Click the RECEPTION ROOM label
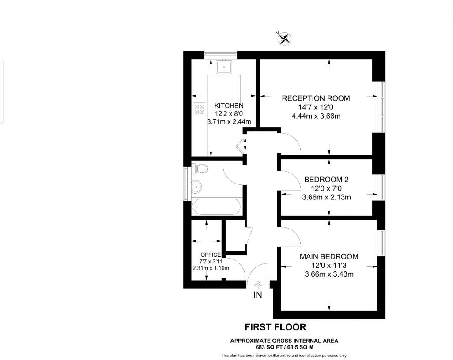click(316, 98)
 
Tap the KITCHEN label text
click(229, 105)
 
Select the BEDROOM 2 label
click(326, 180)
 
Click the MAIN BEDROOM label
click(329, 256)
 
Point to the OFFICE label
click(210, 255)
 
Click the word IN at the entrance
click(257, 295)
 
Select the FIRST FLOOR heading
click(276, 327)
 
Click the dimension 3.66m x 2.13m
click(326, 197)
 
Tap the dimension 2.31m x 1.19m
click(210, 268)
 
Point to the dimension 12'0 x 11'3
click(329, 265)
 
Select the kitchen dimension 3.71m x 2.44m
click(229, 122)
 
